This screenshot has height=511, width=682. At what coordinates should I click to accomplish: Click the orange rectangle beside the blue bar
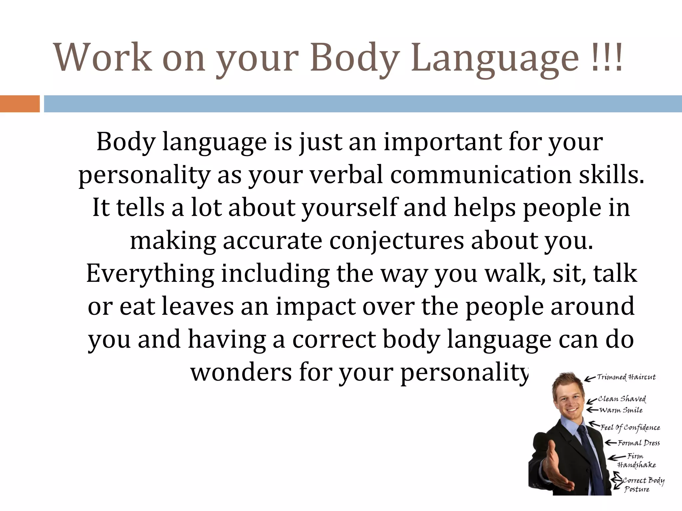tap(20, 104)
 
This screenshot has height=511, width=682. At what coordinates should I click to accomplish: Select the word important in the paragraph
tap(443, 142)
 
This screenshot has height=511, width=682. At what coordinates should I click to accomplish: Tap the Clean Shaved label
tap(622, 399)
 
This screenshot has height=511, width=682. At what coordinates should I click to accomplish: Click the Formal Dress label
tap(638, 443)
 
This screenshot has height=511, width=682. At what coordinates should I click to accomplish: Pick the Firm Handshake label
tap(636, 461)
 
